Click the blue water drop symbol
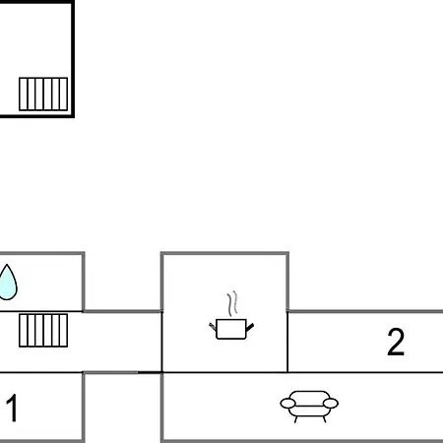(7, 283)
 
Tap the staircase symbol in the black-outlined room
(43, 95)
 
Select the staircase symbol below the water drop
(43, 331)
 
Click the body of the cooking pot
(231, 329)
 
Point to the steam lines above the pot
(232, 303)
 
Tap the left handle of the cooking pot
(213, 327)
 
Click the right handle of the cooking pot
(250, 327)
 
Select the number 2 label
(396, 342)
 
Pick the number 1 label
(12, 408)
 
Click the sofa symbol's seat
(309, 411)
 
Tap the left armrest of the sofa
(287, 404)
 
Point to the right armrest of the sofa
(331, 404)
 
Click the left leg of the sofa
(296, 419)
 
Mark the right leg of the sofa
(324, 419)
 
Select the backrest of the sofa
(309, 398)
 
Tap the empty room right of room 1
(122, 407)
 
